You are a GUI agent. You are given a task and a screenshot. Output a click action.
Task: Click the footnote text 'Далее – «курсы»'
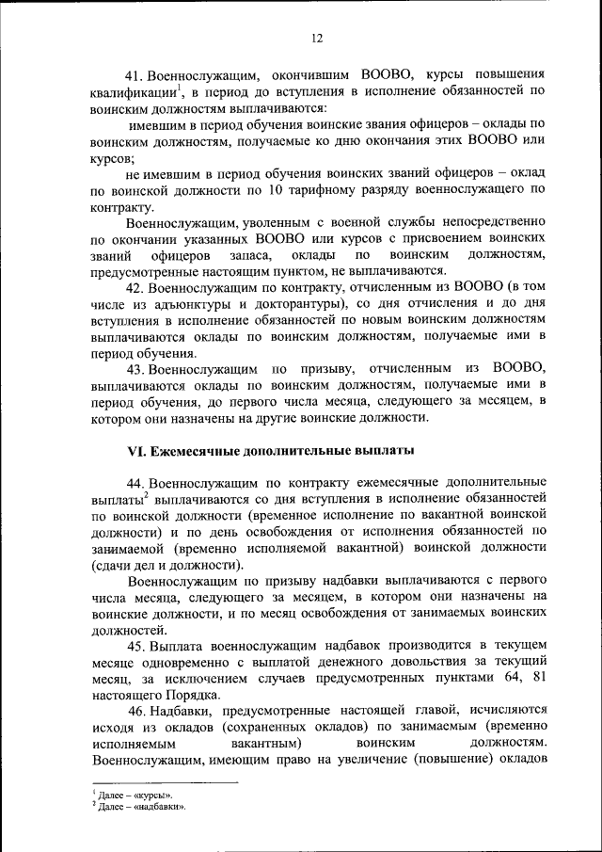(135, 796)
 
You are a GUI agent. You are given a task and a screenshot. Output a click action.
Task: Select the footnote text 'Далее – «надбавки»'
(142, 807)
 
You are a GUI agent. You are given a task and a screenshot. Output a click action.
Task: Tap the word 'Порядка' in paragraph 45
(188, 698)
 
